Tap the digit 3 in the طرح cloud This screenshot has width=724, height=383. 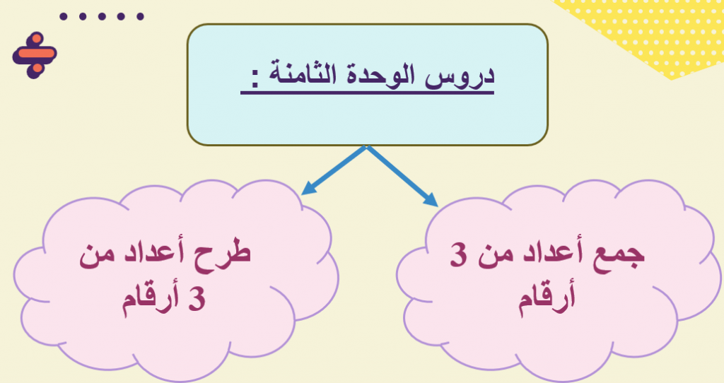(197, 299)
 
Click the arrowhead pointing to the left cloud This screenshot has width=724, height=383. (306, 189)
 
